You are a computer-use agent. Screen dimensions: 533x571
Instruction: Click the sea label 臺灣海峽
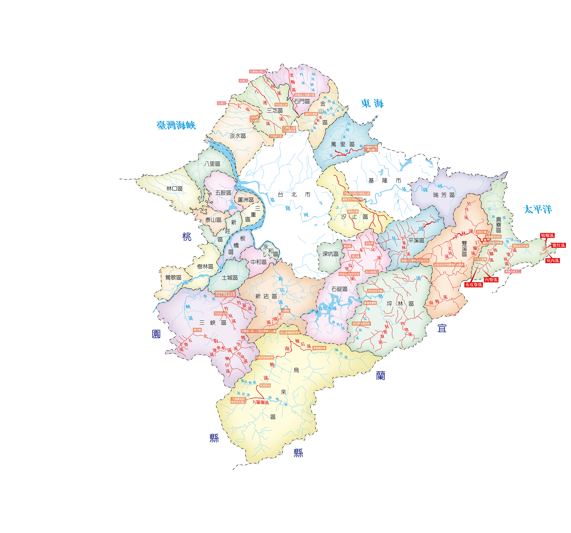(x=176, y=125)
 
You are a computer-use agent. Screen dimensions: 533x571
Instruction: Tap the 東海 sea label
(x=372, y=103)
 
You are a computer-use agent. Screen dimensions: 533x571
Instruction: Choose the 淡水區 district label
(x=238, y=136)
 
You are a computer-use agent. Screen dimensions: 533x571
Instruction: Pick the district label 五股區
(x=223, y=193)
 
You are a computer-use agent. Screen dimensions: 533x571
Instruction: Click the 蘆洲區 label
(x=246, y=200)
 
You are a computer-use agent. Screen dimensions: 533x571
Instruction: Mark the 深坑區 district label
(x=330, y=254)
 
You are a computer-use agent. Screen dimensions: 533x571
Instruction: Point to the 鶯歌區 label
(x=173, y=277)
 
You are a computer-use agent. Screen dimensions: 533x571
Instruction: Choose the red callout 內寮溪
(x=491, y=280)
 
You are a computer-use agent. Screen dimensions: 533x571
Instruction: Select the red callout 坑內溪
(x=553, y=261)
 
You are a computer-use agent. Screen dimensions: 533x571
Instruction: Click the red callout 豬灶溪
(x=559, y=245)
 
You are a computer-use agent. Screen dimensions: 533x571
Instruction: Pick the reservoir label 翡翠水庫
(x=327, y=308)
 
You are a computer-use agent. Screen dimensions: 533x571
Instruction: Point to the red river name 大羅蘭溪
(x=260, y=402)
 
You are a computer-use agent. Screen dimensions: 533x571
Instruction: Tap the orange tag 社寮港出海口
(x=257, y=72)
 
